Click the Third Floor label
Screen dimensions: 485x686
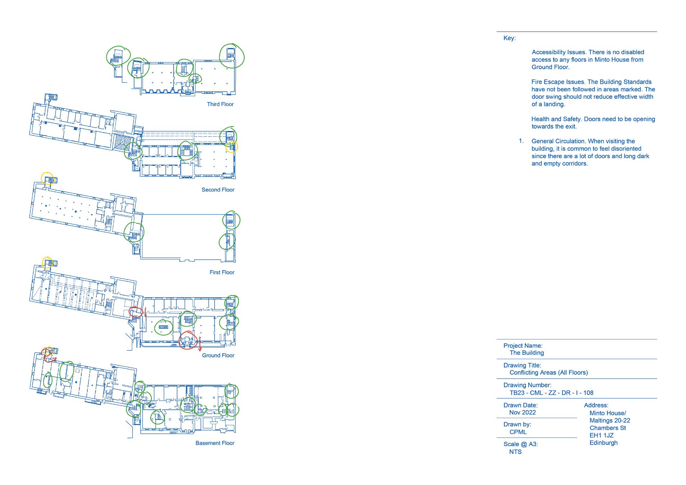pos(220,104)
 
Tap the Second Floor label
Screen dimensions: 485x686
pos(218,190)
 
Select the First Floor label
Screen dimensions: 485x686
pos(222,272)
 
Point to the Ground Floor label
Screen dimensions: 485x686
pos(218,355)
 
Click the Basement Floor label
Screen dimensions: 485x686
pos(215,443)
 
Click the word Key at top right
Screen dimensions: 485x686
pos(509,38)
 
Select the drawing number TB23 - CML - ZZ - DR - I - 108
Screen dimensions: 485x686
pos(551,393)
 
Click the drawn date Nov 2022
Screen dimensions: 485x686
pos(522,412)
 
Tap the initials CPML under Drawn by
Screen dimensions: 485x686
pos(518,432)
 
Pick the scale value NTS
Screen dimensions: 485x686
pos(515,452)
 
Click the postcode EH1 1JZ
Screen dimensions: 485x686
pos(601,435)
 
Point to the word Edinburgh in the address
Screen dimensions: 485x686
pos(603,443)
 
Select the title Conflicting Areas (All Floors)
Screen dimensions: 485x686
pos(548,373)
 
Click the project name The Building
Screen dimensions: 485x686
pos(526,353)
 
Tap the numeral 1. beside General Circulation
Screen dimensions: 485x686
pos(521,141)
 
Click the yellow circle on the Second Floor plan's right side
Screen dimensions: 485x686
pos(232,147)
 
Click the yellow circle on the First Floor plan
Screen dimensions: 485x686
pos(47,179)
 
